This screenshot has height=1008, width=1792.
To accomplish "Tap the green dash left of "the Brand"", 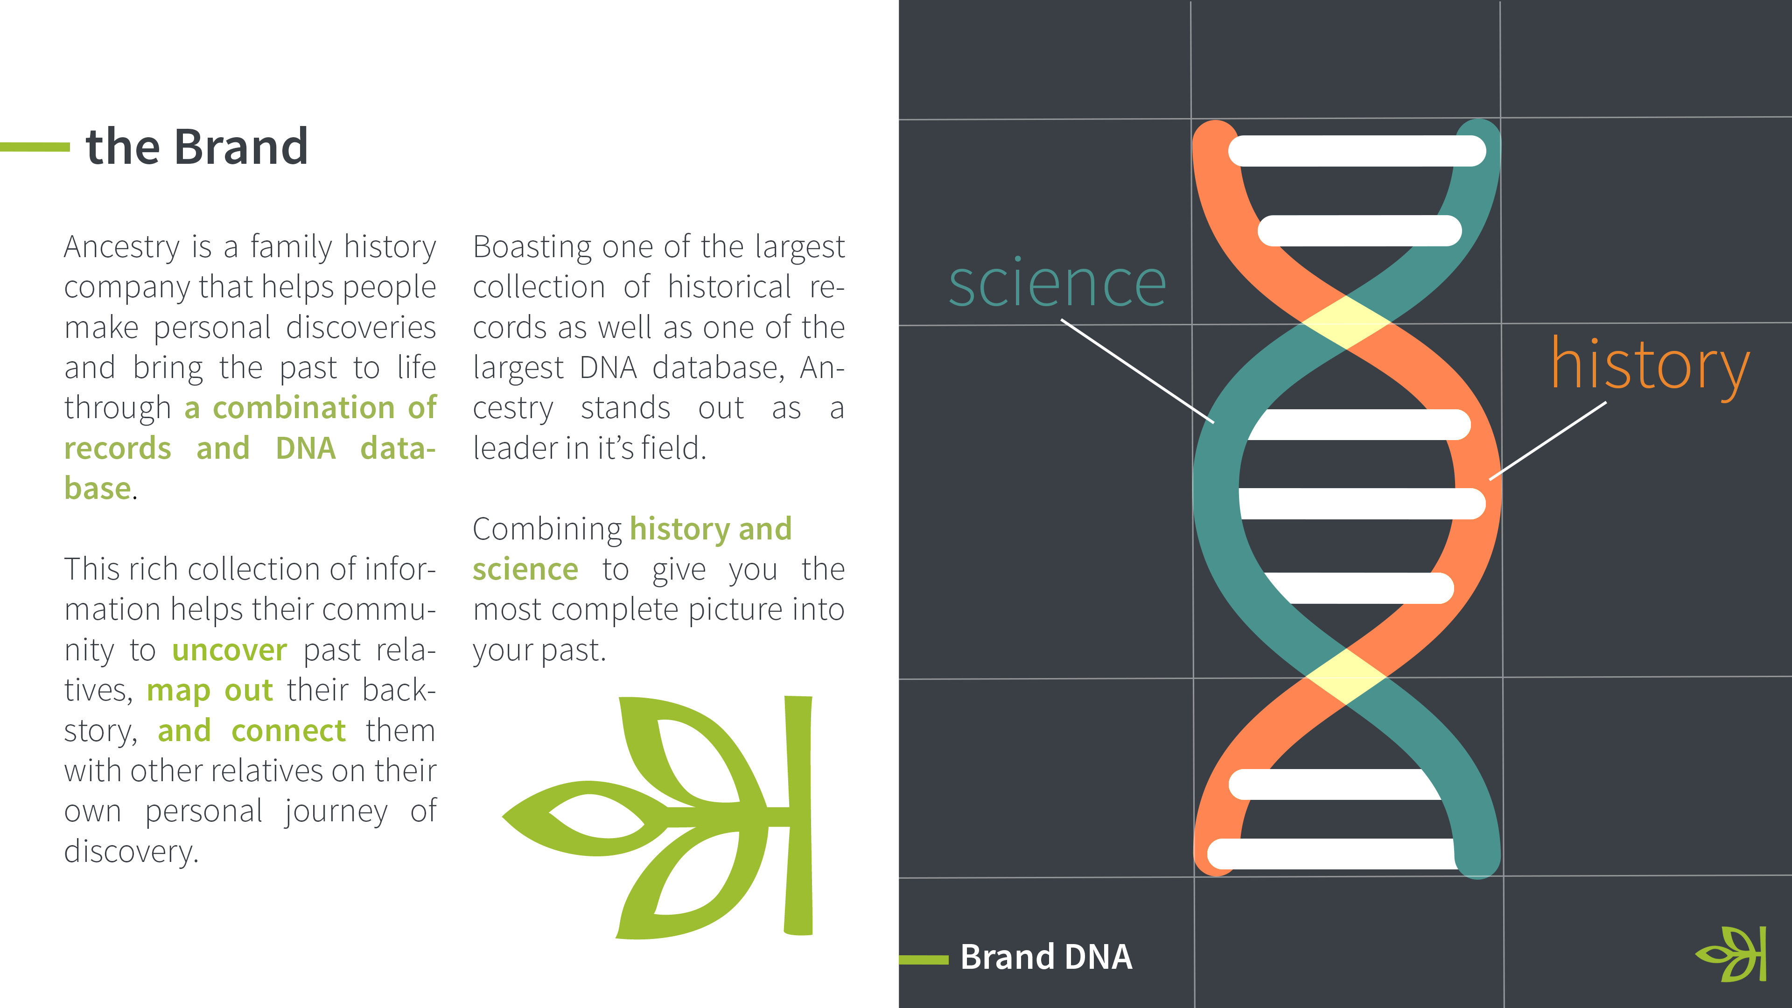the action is click(x=35, y=147).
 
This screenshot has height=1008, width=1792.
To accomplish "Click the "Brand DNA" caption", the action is click(x=1046, y=957).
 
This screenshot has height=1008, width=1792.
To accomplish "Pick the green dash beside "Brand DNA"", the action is click(x=924, y=960).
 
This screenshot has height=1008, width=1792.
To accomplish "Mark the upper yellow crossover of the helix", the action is click(x=1346, y=322).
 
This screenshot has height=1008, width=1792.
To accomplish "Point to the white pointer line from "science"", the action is click(x=1137, y=371).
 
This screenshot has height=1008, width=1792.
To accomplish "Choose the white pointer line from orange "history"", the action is click(x=1548, y=441).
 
